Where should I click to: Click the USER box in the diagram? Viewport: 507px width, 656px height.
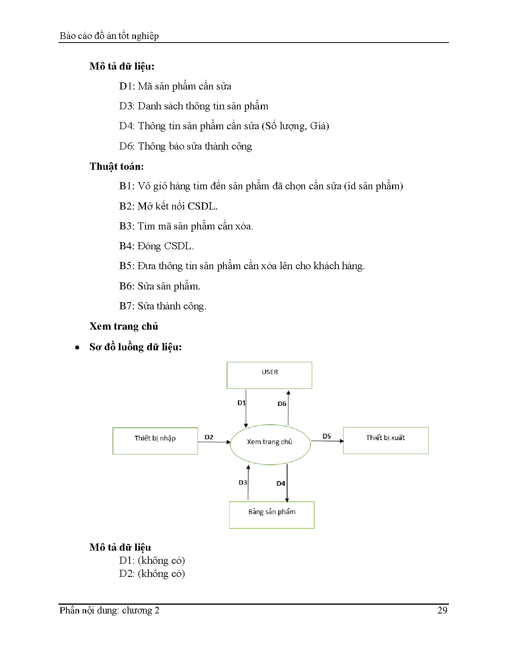pyautogui.click(x=269, y=375)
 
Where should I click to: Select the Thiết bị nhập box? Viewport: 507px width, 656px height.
pyautogui.click(x=155, y=441)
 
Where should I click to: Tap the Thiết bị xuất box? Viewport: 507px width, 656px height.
pyautogui.click(x=386, y=440)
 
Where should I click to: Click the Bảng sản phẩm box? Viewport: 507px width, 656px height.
pyautogui.click(x=272, y=514)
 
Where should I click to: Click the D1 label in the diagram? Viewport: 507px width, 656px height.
pyautogui.click(x=241, y=403)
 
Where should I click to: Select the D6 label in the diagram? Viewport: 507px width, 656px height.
pyautogui.click(x=282, y=404)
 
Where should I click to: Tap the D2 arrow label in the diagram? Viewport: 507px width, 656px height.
pyautogui.click(x=209, y=437)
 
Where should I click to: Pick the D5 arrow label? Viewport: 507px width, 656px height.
pyautogui.click(x=326, y=436)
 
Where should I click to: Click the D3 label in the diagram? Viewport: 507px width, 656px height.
pyautogui.click(x=243, y=482)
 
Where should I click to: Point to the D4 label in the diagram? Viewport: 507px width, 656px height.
pyautogui.click(x=281, y=483)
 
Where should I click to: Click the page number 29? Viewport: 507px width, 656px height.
pyautogui.click(x=442, y=610)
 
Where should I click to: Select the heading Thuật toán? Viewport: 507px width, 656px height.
pyautogui.click(x=117, y=166)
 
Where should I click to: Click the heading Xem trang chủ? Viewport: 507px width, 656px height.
pyautogui.click(x=124, y=326)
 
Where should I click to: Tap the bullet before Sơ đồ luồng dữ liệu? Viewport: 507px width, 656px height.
pyautogui.click(x=77, y=347)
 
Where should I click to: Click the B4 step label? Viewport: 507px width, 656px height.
pyautogui.click(x=126, y=246)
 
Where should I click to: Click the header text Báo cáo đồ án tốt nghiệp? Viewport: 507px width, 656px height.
pyautogui.click(x=109, y=36)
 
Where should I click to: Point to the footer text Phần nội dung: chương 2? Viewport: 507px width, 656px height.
pyautogui.click(x=109, y=610)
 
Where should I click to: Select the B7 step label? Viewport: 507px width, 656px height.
pyautogui.click(x=126, y=306)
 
